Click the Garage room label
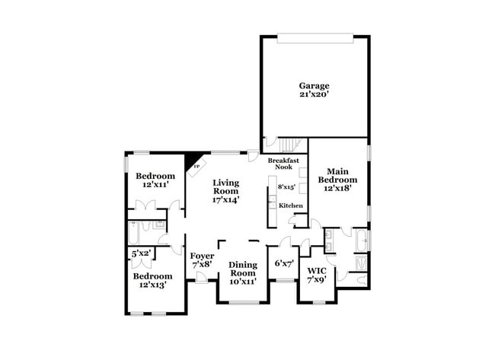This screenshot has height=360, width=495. click(x=313, y=85)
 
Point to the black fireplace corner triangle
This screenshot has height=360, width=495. click(x=191, y=161)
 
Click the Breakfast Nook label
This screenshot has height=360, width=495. click(x=283, y=164)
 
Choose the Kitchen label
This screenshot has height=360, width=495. click(x=290, y=205)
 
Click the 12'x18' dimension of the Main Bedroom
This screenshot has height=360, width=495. click(x=338, y=189)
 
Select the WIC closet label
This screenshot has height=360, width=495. click(x=316, y=270)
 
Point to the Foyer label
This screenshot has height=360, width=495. click(x=202, y=256)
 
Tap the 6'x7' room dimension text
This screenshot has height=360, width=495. click(x=284, y=263)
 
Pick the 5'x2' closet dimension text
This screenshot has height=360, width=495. click(x=141, y=253)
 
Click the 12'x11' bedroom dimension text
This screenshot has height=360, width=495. click(x=155, y=185)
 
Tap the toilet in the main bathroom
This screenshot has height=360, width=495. click(x=361, y=280)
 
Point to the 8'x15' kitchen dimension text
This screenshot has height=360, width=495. click(x=286, y=186)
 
